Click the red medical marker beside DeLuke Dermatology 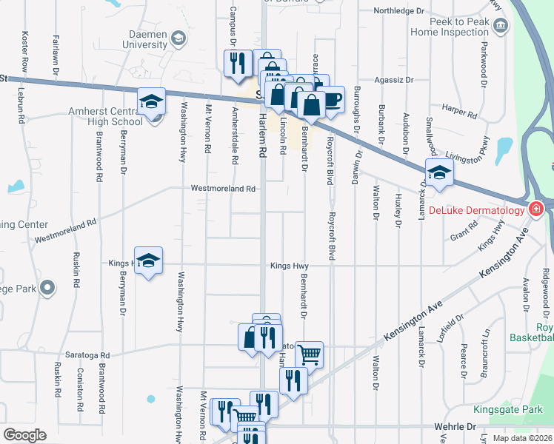pyautogui.click(x=535, y=210)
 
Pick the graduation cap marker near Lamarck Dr pyautogui.click(x=439, y=172)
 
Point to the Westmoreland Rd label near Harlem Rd pyautogui.click(x=223, y=189)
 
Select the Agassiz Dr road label pyautogui.click(x=394, y=80)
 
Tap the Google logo pyautogui.click(x=24, y=435)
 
